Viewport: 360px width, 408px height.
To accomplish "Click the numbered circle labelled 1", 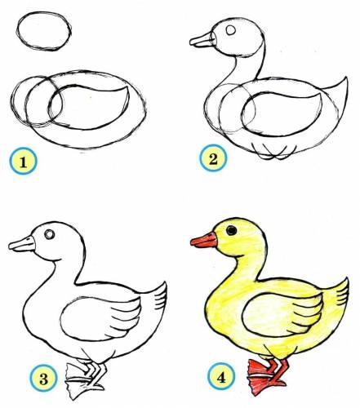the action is click(23, 161).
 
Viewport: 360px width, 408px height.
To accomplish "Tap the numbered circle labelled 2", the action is click(213, 157).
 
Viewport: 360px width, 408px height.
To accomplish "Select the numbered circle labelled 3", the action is click(43, 379).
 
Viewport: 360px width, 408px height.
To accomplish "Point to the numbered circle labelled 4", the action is click(221, 376).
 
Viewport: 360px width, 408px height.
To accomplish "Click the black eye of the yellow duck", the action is click(231, 230).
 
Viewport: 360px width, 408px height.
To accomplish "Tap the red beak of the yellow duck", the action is click(204, 240).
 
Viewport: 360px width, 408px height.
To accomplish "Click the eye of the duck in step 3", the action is click(50, 234).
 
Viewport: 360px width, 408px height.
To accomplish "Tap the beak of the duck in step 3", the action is click(22, 244).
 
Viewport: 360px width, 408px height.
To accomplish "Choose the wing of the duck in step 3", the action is click(100, 317).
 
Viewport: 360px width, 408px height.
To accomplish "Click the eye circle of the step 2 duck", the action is click(231, 30).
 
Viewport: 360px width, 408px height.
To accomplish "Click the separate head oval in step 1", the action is click(44, 31).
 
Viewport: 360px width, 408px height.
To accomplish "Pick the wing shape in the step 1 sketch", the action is click(90, 107).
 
